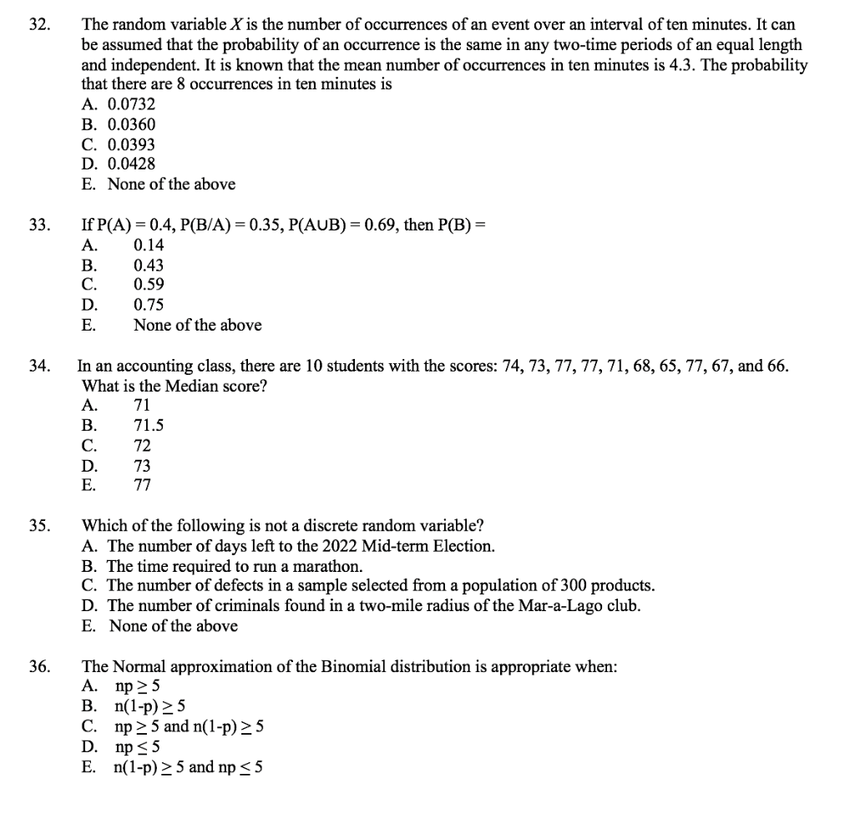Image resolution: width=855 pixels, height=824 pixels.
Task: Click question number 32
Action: tap(37, 24)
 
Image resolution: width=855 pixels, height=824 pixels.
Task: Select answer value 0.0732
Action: tap(131, 104)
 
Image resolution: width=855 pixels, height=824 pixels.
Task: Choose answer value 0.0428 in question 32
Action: tap(131, 164)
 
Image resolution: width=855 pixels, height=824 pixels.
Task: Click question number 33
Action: tap(37, 225)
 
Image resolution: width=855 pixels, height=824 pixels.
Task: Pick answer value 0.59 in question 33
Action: tap(149, 285)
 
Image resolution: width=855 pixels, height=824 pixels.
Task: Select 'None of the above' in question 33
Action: tap(197, 325)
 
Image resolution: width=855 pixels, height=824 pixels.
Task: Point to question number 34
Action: tap(37, 366)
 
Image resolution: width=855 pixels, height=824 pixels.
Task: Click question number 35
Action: tap(37, 526)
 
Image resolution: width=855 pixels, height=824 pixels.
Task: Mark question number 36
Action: tap(37, 667)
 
